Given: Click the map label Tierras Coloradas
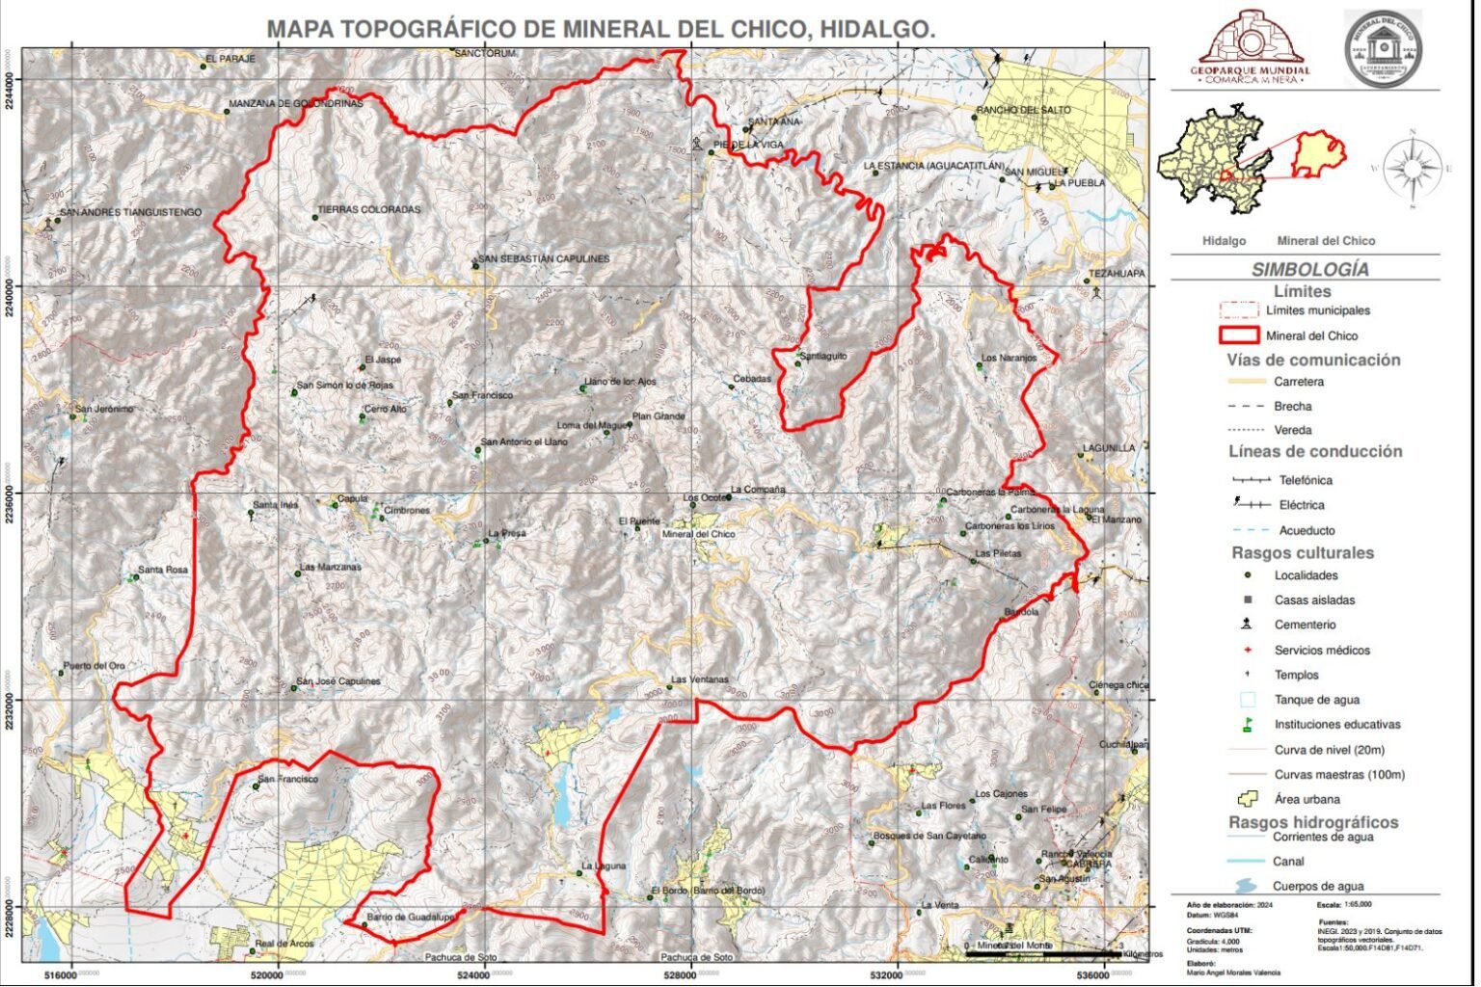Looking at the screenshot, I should tap(369, 210).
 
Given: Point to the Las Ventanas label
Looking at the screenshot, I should tap(700, 680).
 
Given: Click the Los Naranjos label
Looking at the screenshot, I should tap(1009, 359).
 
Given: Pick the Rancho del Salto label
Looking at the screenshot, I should tap(1023, 110).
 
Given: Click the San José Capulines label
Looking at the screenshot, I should tap(338, 681).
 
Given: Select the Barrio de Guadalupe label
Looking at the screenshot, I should tap(410, 918).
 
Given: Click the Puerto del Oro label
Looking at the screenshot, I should tap(94, 666).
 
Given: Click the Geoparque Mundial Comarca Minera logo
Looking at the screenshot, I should tap(1250, 49).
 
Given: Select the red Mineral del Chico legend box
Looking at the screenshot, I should tap(1238, 335).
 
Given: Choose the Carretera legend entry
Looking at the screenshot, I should tap(1298, 382).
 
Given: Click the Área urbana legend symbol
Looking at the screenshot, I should tap(1248, 799).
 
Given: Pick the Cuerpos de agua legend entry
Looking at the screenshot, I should tap(1317, 886).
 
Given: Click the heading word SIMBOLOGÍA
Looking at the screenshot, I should tap(1308, 270).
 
